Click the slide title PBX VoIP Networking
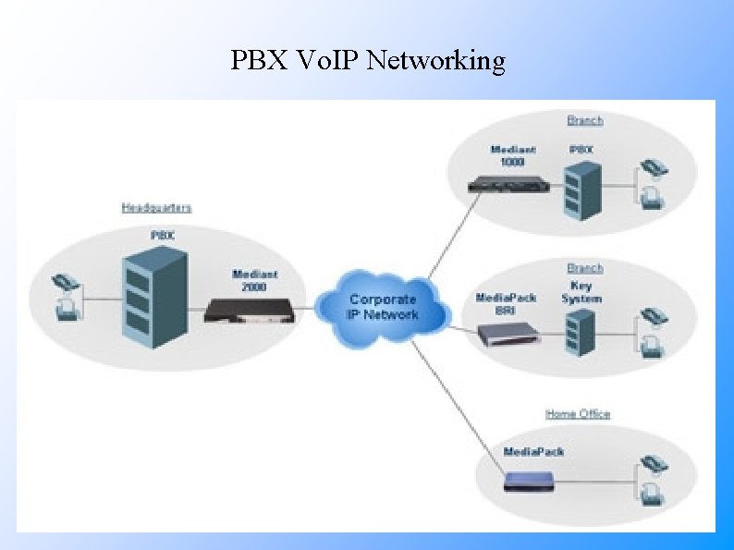click(x=368, y=61)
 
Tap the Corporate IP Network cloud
click(x=383, y=304)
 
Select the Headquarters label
click(x=156, y=208)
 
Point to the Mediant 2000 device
click(x=250, y=311)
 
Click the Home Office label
click(x=578, y=413)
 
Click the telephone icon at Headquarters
click(x=67, y=295)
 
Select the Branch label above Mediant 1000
click(x=584, y=120)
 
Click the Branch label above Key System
click(x=584, y=268)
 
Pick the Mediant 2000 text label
click(x=255, y=280)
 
